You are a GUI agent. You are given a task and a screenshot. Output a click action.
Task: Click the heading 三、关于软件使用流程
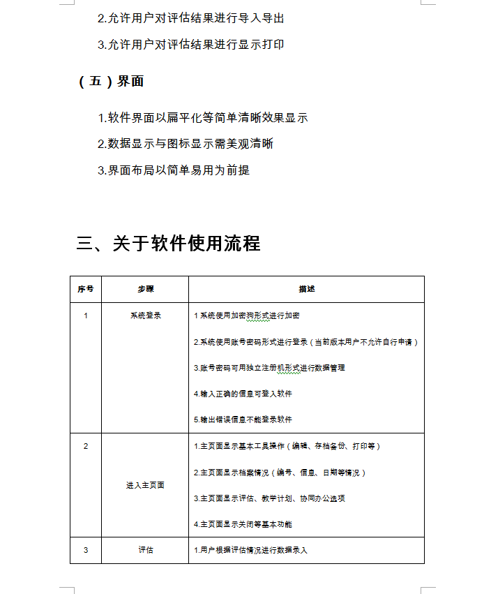(168, 243)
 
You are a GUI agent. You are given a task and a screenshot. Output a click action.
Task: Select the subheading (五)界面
(111, 81)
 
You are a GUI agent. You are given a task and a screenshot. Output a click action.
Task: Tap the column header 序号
(86, 289)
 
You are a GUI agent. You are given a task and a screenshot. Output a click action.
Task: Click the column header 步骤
(145, 289)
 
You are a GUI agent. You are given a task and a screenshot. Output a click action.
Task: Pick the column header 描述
(306, 289)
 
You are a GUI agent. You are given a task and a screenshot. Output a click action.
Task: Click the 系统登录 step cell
(145, 315)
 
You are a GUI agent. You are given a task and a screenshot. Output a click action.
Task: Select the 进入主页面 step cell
(145, 485)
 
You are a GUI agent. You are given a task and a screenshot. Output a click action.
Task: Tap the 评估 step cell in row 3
(145, 550)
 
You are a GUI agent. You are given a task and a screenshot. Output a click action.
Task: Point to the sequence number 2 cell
(86, 446)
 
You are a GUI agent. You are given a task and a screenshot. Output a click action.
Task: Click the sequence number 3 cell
(86, 550)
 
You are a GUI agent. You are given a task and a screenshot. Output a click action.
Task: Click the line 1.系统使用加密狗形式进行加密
(246, 315)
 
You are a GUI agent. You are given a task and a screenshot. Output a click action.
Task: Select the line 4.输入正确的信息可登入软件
(243, 394)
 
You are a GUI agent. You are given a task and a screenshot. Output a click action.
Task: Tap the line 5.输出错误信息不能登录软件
(243, 419)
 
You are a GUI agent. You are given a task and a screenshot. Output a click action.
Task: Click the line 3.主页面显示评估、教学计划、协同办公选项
(269, 498)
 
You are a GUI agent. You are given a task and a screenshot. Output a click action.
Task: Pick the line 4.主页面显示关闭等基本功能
(243, 524)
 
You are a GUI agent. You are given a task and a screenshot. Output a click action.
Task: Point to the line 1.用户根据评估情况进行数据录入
(250, 550)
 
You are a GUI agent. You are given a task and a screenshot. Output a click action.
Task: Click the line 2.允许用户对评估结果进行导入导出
(190, 18)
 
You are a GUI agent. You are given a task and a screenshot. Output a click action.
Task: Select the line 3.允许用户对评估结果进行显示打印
(190, 45)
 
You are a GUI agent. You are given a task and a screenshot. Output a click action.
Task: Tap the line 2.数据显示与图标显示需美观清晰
(185, 144)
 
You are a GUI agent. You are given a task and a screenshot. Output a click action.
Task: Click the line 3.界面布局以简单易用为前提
(174, 170)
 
